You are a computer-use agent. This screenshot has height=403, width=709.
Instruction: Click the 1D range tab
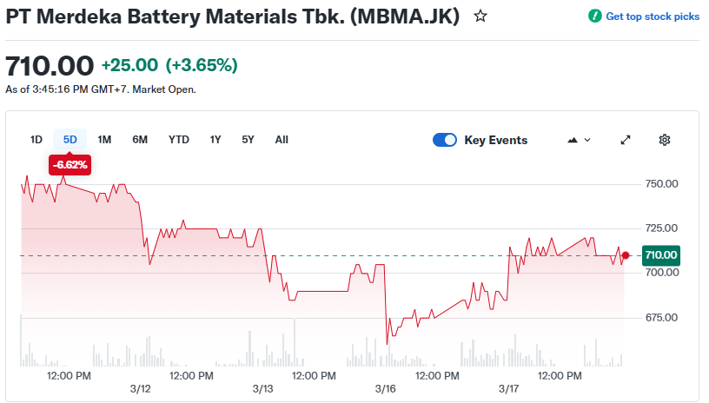click(36, 140)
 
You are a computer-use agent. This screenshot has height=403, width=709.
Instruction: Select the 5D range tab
click(70, 140)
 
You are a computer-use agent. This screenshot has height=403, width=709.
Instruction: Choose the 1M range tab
click(104, 140)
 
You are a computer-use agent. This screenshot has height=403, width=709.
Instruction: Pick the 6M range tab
click(140, 140)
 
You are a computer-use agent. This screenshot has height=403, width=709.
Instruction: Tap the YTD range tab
click(179, 140)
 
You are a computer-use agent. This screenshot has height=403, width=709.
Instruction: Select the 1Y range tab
click(215, 140)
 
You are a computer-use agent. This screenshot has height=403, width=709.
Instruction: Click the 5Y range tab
click(248, 140)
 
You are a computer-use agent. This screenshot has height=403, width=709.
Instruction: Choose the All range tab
click(282, 140)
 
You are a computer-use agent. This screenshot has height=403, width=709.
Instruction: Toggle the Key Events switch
click(445, 140)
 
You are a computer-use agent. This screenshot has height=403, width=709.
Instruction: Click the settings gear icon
click(665, 140)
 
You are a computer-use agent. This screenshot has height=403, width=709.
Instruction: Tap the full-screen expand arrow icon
click(626, 140)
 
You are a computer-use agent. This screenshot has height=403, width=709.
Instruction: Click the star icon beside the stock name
click(480, 17)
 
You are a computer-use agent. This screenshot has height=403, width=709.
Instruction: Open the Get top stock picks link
click(644, 17)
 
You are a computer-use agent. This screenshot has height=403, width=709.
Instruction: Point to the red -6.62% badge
click(70, 164)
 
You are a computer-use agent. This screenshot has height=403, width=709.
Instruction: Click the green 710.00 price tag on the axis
click(660, 255)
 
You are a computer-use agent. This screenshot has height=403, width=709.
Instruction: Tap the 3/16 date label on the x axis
click(386, 388)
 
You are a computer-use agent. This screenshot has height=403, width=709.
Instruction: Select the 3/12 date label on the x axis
click(140, 388)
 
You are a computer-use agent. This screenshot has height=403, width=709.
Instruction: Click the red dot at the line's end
click(626, 255)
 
